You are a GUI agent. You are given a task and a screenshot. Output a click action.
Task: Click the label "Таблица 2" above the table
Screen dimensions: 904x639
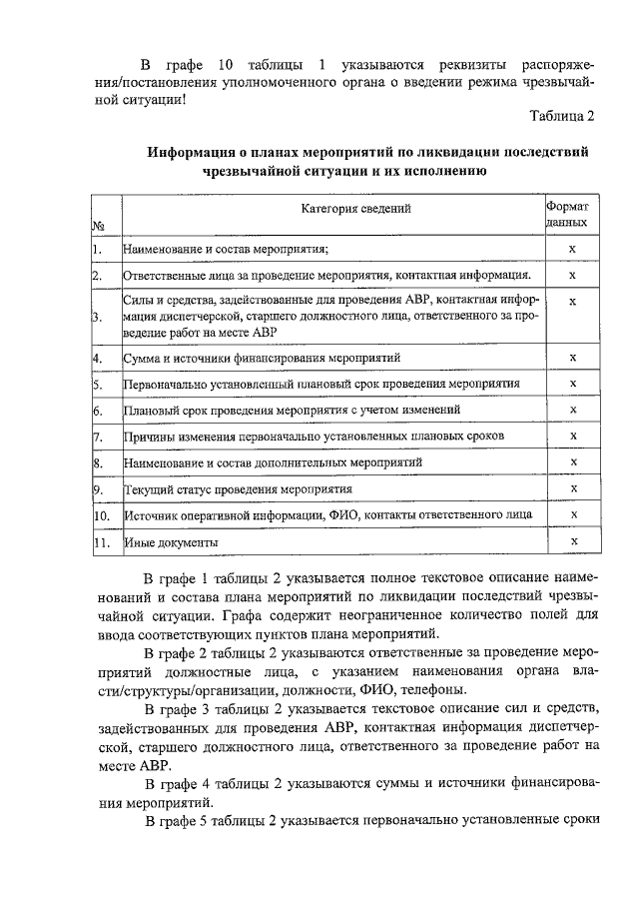click(x=561, y=118)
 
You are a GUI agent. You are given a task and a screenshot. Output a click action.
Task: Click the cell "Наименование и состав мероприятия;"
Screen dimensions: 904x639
click(x=226, y=249)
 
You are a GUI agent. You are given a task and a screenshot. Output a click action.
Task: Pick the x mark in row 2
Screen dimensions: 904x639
click(x=572, y=275)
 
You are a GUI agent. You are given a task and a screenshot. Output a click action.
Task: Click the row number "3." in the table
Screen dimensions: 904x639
click(x=99, y=318)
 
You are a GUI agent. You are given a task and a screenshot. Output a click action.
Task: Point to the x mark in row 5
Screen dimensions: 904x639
click(x=572, y=383)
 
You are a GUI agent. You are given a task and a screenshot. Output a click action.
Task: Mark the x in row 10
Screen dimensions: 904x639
click(x=572, y=513)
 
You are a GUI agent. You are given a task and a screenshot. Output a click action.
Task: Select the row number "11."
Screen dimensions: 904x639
click(x=101, y=542)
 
